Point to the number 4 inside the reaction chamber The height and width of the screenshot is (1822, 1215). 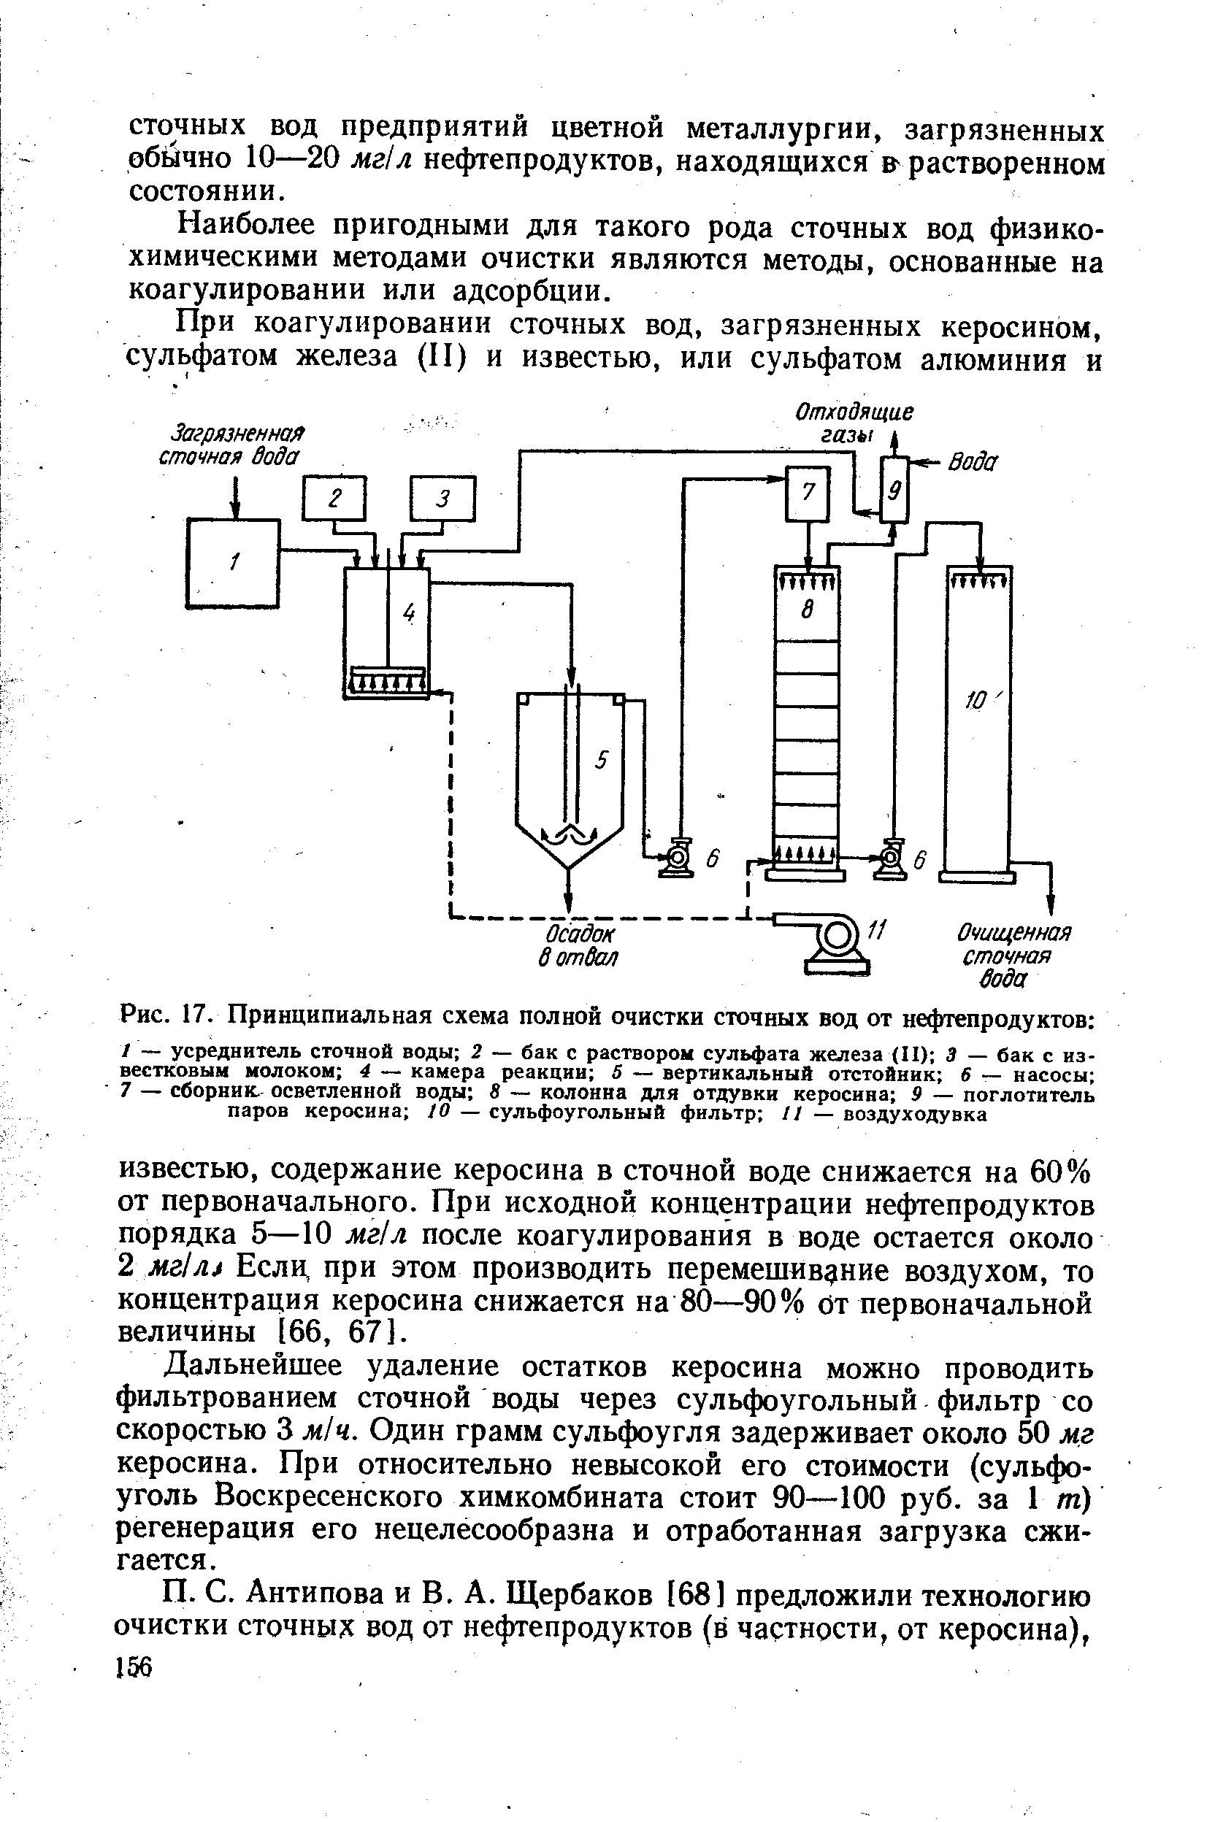(x=409, y=612)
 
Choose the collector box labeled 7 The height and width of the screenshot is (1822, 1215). (x=808, y=493)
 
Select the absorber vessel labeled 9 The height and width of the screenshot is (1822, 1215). (x=895, y=492)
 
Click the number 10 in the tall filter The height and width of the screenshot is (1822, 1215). (x=974, y=701)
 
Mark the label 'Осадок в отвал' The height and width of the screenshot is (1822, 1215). (x=578, y=945)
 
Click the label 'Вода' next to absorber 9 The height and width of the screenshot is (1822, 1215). (x=974, y=463)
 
